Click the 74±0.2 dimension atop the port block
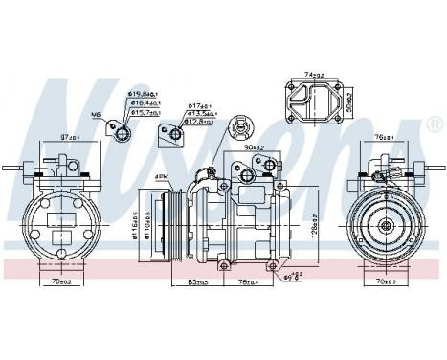point(314,74)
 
